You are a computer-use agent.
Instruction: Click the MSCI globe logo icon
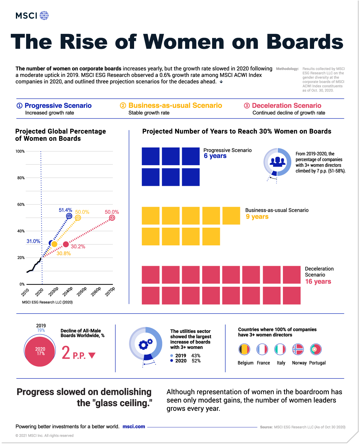tap(44, 16)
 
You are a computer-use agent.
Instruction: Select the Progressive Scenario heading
tap(58, 106)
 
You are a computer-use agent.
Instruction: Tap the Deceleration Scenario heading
tap(286, 106)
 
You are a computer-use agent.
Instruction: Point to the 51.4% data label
tap(65, 210)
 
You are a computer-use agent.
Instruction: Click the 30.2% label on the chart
tap(78, 247)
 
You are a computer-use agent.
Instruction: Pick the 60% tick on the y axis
tap(21, 205)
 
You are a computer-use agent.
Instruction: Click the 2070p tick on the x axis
tap(110, 292)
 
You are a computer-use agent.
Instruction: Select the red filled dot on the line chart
tap(66, 244)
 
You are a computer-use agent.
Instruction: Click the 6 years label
tap(215, 156)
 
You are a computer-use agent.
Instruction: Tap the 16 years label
tap(318, 282)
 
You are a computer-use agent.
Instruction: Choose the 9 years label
tap(257, 217)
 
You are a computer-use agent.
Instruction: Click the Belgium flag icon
tap(244, 350)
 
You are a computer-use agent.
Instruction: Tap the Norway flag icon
tap(298, 350)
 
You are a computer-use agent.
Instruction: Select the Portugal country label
tap(317, 363)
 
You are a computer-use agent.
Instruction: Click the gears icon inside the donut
tap(145, 344)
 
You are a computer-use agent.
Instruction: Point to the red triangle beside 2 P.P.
tap(92, 355)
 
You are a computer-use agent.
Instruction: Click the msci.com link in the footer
tap(134, 426)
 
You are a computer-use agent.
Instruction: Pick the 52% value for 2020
tap(196, 361)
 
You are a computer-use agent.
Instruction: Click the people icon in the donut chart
tap(277, 162)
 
